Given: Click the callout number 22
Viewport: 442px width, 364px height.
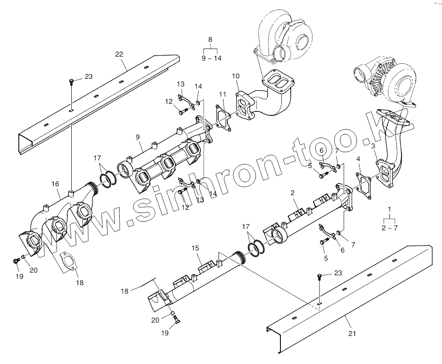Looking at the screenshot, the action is (119, 54).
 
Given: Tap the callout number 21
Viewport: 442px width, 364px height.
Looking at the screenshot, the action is (353, 333).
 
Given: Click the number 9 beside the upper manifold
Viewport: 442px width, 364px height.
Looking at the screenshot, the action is (138, 136).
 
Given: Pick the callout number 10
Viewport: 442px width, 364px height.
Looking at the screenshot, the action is (235, 77).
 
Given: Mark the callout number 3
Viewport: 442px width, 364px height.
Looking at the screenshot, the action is (373, 146).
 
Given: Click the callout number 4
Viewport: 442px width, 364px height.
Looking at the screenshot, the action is (358, 159).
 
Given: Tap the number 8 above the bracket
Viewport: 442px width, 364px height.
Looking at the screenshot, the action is (210, 39).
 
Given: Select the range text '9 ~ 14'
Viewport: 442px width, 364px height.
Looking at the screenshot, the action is (211, 58).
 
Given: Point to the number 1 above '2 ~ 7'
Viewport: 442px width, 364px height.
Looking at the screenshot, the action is (389, 209).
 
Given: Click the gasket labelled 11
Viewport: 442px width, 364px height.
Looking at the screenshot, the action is (223, 118).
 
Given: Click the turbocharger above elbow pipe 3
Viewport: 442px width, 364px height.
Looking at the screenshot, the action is (387, 80).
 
